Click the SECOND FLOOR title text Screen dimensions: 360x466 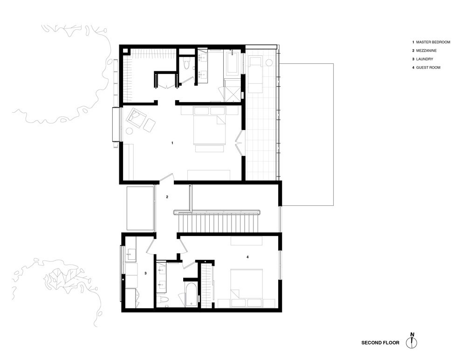point(380,343)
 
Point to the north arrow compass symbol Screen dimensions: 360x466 point(412,342)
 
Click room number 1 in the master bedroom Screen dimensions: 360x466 point(172,143)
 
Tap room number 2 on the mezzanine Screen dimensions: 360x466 point(167,197)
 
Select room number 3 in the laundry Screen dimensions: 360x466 point(145,273)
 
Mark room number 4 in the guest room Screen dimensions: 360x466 point(248,256)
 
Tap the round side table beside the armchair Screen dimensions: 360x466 point(129,131)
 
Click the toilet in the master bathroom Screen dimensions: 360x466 point(187,63)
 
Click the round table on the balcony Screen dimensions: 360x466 point(269,62)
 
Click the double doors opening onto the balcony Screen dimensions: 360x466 point(239,143)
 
